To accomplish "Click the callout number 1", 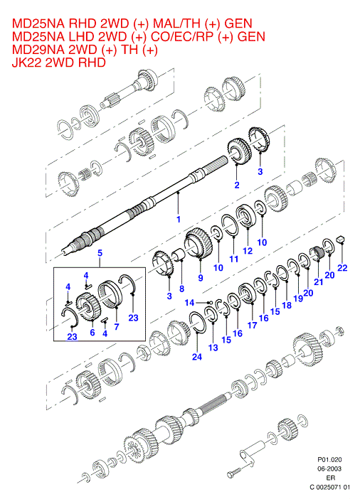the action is pos(179,219).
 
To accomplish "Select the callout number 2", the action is pos(237,185).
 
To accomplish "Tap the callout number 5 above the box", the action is pos(100,253).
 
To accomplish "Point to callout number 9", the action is pos(201,277).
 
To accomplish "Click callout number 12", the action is pos(248,251).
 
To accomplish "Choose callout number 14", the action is pos(189,302).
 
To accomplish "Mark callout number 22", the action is pos(342,268).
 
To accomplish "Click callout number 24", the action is pos(197,357).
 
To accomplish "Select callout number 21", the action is pos(318,281).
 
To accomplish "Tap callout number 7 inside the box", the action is pos(117,326).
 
